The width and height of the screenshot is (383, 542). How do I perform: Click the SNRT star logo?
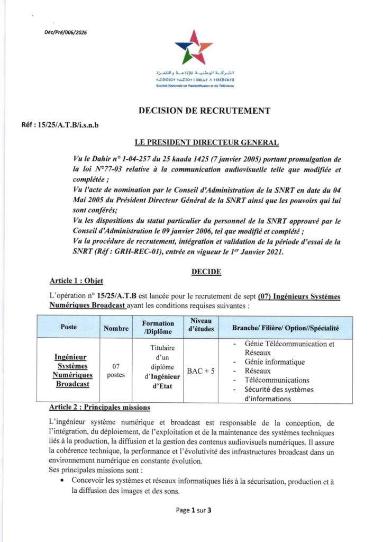[x=193, y=47]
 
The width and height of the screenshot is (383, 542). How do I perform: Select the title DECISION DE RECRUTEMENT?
[x=204, y=111]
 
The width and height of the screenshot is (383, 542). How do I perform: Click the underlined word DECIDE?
[x=206, y=272]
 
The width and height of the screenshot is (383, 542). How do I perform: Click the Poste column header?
[x=69, y=327]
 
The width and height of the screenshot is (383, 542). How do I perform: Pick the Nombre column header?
[x=116, y=328]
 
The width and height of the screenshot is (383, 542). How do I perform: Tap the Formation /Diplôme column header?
[x=158, y=328]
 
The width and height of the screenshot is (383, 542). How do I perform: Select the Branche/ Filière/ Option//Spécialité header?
[x=285, y=328]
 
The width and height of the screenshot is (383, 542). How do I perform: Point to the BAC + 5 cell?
[x=200, y=371]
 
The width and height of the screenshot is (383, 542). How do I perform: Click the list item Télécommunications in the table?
[x=277, y=380]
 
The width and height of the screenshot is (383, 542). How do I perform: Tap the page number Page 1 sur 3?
[x=193, y=511]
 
